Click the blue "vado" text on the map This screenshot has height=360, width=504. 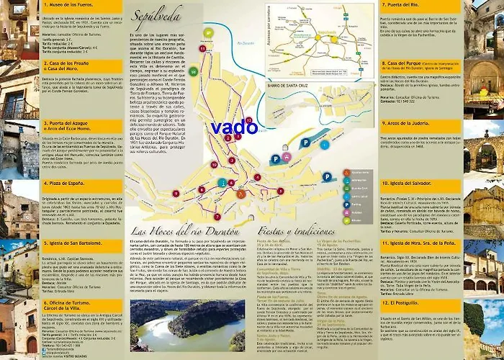235,128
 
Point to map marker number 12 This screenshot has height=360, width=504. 248,119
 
